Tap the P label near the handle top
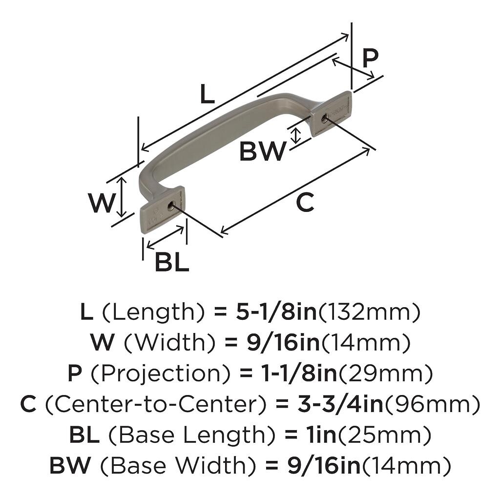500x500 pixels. coord(370,59)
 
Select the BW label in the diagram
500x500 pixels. coord(262,152)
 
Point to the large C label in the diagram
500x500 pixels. coord(305,203)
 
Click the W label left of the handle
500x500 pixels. coord(101,203)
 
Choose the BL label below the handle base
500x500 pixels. coord(171,263)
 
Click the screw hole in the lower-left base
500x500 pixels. coord(171,206)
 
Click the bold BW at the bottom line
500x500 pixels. coord(70,465)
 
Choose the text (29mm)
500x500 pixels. coord(385,375)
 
